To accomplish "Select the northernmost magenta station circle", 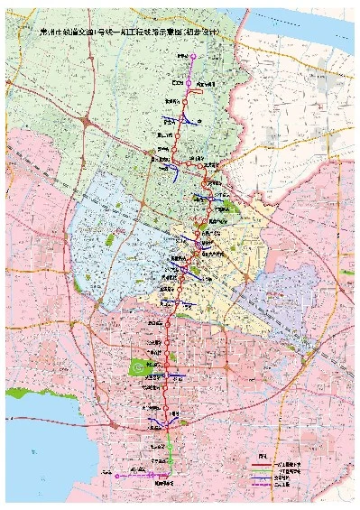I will (x=190, y=55).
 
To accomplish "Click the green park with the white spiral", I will (x=138, y=366).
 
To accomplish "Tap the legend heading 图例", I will (x=263, y=456).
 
